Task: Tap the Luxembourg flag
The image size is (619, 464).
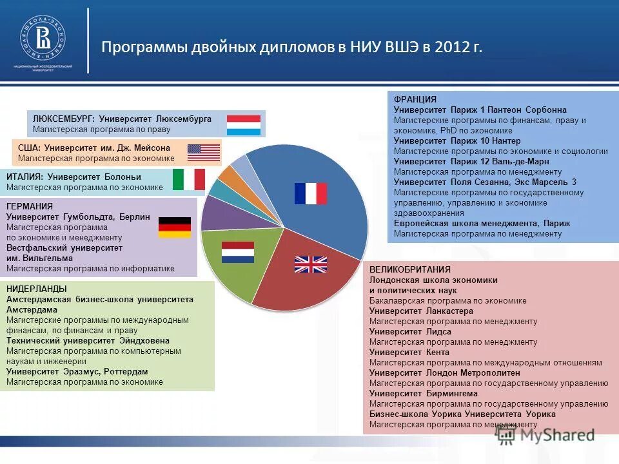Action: tap(243, 125)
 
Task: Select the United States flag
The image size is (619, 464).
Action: tap(204, 153)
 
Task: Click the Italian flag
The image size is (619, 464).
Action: tap(189, 179)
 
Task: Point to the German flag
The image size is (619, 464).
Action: tap(175, 227)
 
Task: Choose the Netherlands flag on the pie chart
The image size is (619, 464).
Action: tap(238, 252)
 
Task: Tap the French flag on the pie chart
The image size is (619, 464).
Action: tap(311, 193)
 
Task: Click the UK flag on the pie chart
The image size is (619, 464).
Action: tap(311, 264)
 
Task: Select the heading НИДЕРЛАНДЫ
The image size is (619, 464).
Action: tap(37, 289)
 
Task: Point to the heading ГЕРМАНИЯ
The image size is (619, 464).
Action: tap(30, 206)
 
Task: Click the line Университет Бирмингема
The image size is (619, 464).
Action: tap(424, 394)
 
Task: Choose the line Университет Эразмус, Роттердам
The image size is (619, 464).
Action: tap(77, 372)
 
